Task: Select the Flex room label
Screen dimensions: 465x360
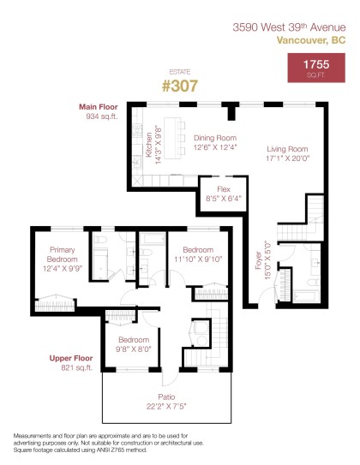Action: click(223, 188)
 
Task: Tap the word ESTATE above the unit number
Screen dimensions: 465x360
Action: click(179, 72)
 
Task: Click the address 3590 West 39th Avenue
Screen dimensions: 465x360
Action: click(289, 27)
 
